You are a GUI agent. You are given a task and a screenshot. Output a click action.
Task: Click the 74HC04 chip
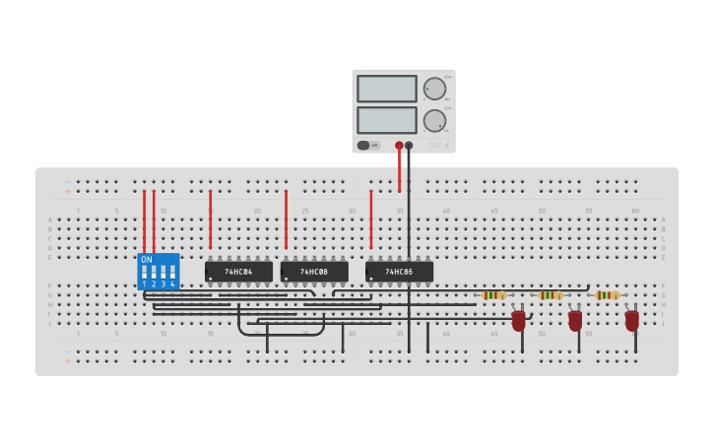[238, 272]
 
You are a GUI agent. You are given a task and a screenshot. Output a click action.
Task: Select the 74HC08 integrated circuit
[314, 272]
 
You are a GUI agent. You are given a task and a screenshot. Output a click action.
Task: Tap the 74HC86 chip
[399, 272]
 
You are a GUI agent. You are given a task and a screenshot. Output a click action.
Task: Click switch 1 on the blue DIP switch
[144, 272]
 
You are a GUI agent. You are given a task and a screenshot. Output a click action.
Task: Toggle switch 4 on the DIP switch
[172, 272]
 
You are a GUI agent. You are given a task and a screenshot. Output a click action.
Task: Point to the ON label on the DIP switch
[147, 260]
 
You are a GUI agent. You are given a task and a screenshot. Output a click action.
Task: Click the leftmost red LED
[518, 320]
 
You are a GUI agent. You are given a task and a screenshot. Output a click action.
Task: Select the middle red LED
[575, 320]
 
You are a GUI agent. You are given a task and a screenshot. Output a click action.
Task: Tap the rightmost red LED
[631, 320]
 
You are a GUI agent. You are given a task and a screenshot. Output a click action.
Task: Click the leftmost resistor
[493, 294]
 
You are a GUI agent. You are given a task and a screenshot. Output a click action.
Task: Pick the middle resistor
[551, 294]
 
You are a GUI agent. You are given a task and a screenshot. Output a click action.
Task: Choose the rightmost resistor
[608, 294]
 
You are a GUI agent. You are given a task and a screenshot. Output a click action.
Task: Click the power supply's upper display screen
[387, 89]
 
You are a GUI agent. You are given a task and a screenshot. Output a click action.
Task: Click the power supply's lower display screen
[387, 120]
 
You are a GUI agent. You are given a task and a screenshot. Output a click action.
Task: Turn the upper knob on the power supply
[434, 89]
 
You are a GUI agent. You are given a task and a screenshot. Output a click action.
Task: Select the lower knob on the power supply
[434, 121]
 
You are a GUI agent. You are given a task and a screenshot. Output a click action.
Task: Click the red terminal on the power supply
[399, 146]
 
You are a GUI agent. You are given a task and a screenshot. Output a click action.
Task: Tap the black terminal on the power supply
[409, 146]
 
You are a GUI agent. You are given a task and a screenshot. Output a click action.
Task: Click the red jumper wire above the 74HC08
[286, 219]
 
